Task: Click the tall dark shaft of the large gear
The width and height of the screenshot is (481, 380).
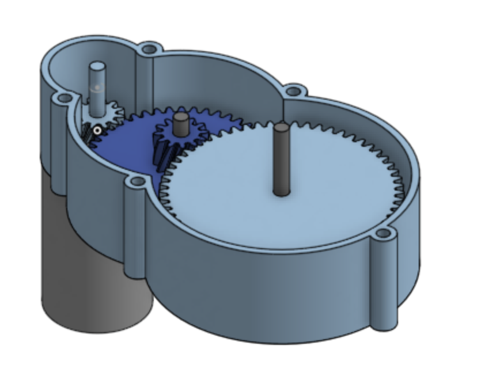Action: pyautogui.click(x=281, y=158)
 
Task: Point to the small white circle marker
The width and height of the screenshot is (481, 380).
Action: pyautogui.click(x=97, y=131)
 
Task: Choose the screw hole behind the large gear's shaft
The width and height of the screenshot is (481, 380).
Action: pyautogui.click(x=295, y=90)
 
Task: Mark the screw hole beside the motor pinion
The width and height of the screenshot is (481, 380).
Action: pyautogui.click(x=60, y=100)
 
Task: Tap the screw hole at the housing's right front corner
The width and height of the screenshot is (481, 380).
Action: pyautogui.click(x=383, y=234)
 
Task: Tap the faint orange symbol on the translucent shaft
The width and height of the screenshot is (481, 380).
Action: pyautogui.click(x=97, y=88)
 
